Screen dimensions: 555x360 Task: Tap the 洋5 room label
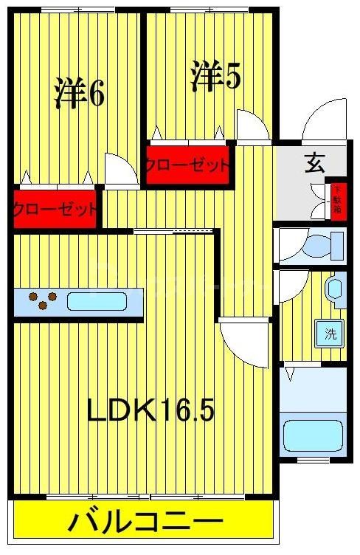point(215,75)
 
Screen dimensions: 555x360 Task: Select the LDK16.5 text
point(150,411)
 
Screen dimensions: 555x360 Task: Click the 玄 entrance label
point(315,164)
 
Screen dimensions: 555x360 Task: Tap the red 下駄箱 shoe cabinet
point(337,199)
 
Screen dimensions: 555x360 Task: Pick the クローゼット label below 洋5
point(187,165)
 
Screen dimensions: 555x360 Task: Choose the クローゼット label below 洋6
point(55,209)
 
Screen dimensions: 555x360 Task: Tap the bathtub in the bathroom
point(314,437)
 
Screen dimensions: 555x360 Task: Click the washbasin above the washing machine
point(335,289)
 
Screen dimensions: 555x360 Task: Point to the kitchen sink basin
point(97,301)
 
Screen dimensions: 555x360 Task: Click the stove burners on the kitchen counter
point(43,300)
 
